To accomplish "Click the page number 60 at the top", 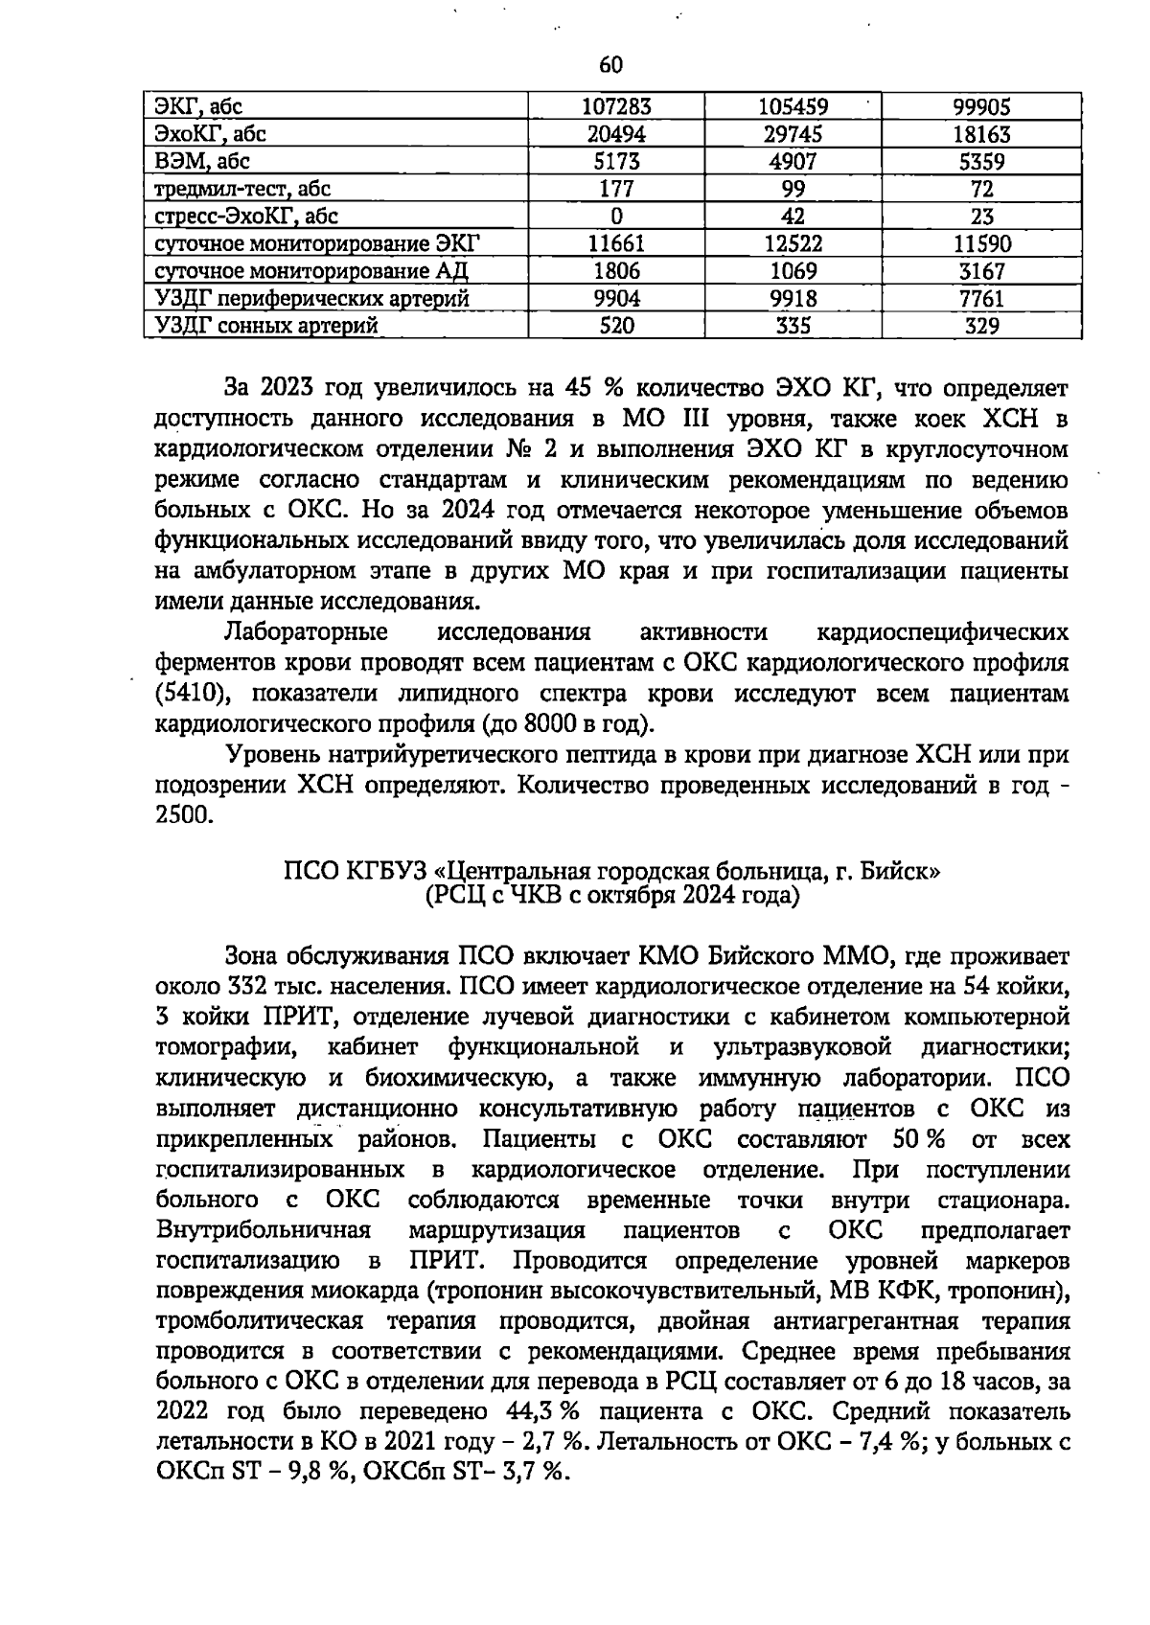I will point(610,65).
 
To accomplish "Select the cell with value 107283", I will point(616,107).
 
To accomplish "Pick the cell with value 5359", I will point(981,162).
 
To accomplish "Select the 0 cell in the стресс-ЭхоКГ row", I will point(616,217).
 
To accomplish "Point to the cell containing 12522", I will point(793,244).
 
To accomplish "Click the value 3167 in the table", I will point(981,271).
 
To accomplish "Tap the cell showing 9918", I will point(793,299).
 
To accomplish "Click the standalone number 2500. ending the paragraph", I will point(182,816).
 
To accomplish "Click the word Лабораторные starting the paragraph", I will point(305,632).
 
